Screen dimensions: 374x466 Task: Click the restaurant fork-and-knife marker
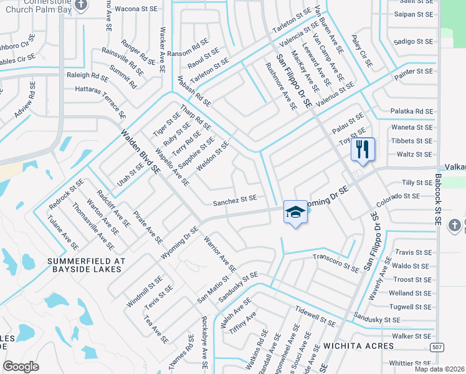(x=363, y=149)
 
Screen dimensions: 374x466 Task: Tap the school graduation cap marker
(x=295, y=212)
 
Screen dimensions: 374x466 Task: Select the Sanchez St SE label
(x=235, y=199)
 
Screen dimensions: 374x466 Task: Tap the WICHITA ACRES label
(x=358, y=345)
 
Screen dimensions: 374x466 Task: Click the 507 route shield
(x=438, y=347)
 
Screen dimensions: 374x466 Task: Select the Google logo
(x=21, y=366)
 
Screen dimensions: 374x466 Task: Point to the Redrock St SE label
(x=67, y=193)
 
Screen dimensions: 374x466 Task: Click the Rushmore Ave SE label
(x=281, y=86)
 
